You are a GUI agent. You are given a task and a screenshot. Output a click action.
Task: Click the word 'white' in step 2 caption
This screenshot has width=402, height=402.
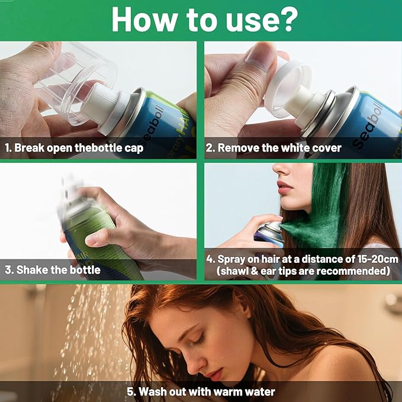[x=287, y=148]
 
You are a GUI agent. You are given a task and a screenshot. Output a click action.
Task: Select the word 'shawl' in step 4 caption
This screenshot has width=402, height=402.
[x=235, y=272]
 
